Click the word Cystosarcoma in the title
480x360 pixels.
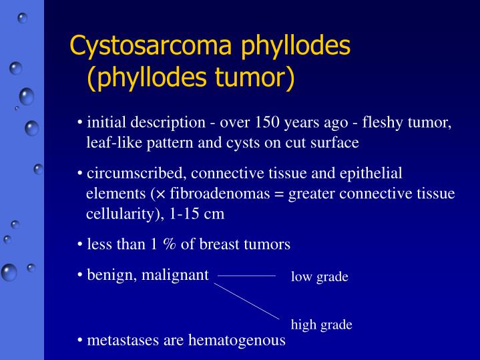coord(144,46)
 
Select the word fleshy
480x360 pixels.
coord(379,123)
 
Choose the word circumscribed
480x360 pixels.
coord(138,174)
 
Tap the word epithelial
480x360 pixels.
coord(371,174)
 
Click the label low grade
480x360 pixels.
coord(319,277)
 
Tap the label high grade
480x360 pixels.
coord(321,325)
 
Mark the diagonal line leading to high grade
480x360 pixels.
coord(247,301)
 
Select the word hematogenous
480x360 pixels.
coord(237,340)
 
